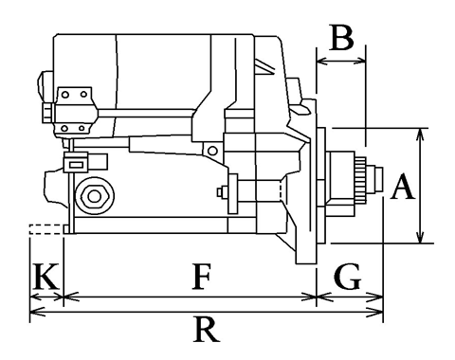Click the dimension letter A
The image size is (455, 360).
click(402, 187)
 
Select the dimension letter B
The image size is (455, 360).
click(341, 38)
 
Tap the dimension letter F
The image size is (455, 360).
click(202, 277)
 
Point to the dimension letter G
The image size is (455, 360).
click(347, 277)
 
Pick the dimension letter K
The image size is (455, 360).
click(46, 277)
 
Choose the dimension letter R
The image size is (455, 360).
click(207, 330)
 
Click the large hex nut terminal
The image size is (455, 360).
click(94, 196)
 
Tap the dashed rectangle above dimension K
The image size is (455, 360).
click(45, 229)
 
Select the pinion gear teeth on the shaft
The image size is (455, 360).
click(360, 180)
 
